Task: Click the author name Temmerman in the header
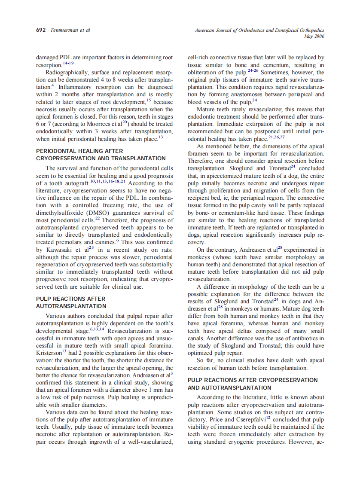click(65, 30)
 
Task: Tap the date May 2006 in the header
click(314, 36)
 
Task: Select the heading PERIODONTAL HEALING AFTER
click(79, 151)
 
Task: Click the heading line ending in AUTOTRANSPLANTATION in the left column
click(71, 306)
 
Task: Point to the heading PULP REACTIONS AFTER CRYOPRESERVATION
click(253, 380)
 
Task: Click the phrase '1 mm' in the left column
click(153, 390)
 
